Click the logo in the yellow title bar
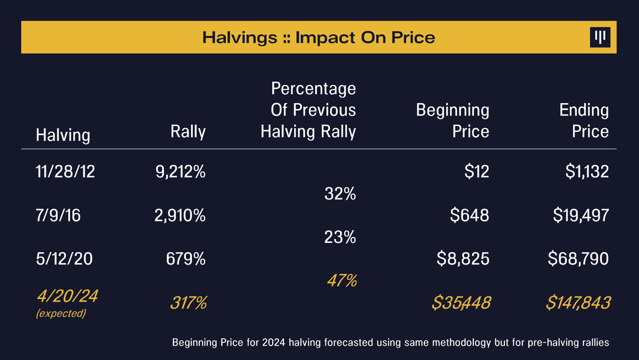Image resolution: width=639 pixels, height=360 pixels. pos(600,37)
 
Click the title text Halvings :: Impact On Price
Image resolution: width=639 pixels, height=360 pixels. pos(319,37)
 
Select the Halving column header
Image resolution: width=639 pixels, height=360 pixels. pos(63,135)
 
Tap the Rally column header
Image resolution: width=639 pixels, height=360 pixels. pos(188,131)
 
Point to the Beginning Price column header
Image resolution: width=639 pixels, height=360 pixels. pos(453,120)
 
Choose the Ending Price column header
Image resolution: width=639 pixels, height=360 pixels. pos(584,120)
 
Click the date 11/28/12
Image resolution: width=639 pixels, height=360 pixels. pos(65,172)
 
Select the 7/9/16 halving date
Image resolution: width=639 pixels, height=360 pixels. pos(58,216)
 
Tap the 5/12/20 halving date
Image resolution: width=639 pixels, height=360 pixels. pos(64,259)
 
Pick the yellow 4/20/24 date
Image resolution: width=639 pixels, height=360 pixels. pos(67,296)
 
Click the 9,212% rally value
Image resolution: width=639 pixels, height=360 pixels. pos(180,172)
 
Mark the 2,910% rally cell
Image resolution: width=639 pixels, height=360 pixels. pos(180,216)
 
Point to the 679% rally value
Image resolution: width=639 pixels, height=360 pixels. pos(185,259)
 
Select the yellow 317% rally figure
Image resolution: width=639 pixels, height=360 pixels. pos(188,303)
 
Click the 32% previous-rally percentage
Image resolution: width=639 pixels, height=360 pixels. pos(340,194)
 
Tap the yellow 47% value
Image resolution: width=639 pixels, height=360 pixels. pos(342,281)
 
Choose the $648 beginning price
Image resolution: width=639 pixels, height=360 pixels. pos(469,216)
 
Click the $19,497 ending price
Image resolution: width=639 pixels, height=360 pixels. pos(581,216)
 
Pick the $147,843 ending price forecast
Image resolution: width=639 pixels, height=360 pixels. pos(578,303)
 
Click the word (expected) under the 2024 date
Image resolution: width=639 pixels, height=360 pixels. pos(61,313)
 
